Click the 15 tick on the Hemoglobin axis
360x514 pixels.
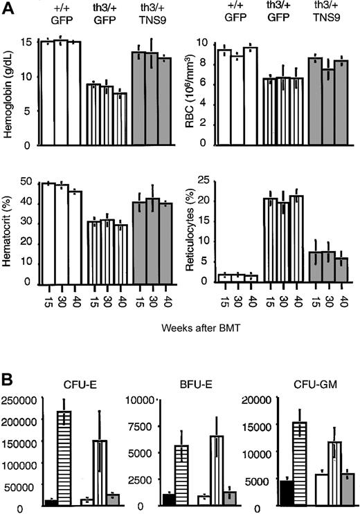(x=26, y=41)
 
